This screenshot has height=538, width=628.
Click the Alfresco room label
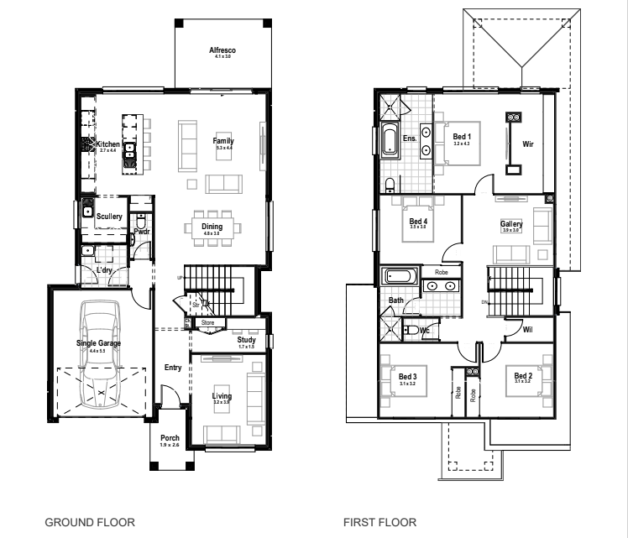click(x=222, y=51)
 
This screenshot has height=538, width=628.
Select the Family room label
click(x=223, y=141)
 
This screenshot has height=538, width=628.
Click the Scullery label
click(x=109, y=217)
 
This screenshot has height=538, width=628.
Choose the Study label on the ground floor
click(x=246, y=339)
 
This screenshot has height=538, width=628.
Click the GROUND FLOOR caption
click(x=91, y=522)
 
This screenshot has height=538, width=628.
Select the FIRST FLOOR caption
click(x=379, y=522)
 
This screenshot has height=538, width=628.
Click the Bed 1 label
click(x=463, y=136)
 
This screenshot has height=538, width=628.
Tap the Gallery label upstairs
click(x=511, y=224)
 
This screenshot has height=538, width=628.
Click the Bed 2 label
click(x=523, y=375)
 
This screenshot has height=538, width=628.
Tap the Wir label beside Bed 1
click(x=528, y=144)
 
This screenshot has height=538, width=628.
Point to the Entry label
click(x=173, y=367)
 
